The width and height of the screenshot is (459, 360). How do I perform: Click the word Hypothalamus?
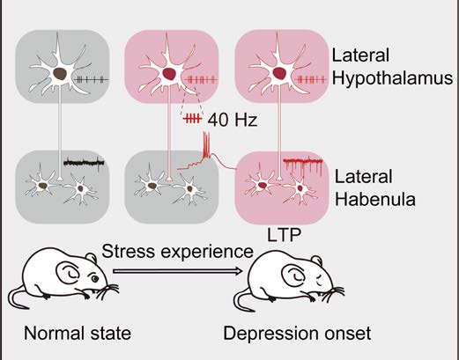click(x=392, y=79)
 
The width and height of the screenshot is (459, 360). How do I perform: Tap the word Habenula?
click(x=375, y=199)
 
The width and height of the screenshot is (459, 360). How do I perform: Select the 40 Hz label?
click(x=233, y=120)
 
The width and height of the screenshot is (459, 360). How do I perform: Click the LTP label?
click(x=284, y=234)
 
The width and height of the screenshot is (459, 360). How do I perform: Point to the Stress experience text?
click(x=177, y=252)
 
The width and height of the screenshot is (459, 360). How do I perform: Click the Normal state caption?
click(x=78, y=334)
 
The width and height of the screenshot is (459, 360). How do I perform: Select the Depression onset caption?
click(x=297, y=334)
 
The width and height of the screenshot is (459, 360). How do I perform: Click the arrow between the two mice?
click(x=177, y=271)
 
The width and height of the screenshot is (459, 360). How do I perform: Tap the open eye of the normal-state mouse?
click(x=94, y=278)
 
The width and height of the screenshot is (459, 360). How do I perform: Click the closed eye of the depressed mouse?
click(x=319, y=281)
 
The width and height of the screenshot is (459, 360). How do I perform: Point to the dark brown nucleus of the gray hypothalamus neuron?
click(x=60, y=74)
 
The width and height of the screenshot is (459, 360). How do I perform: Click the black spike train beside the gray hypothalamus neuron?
click(x=92, y=79)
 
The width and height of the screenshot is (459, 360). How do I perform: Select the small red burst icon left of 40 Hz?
click(x=192, y=119)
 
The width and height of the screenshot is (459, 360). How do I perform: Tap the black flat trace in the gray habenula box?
click(x=84, y=162)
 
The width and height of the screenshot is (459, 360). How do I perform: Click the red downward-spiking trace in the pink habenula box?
click(x=303, y=165)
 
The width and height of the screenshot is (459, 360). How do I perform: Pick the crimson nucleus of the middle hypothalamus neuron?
click(x=169, y=74)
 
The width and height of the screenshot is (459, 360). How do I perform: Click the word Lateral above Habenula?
click(x=364, y=177)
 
